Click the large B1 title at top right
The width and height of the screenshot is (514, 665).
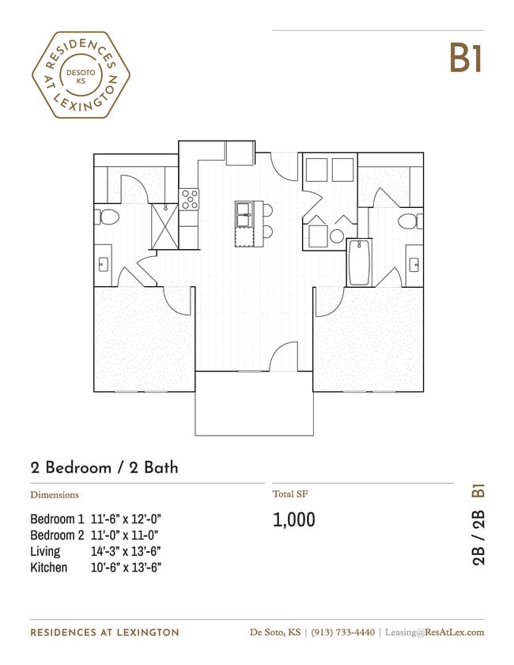[x=466, y=58]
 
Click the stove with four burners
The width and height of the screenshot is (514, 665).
[x=189, y=198]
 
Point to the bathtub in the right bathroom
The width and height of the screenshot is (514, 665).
[x=359, y=263]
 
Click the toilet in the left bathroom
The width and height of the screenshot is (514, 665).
[x=107, y=215]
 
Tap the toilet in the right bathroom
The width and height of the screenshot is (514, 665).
[x=409, y=220]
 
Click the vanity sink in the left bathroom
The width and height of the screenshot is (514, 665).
[x=103, y=264]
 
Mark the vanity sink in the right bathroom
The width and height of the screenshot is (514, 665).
[x=413, y=264]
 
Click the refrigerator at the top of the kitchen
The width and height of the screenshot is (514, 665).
[x=240, y=153]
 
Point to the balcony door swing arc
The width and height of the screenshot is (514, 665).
[x=282, y=357]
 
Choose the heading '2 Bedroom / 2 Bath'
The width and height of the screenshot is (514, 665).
[x=104, y=467]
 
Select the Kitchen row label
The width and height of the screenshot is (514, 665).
[x=49, y=567]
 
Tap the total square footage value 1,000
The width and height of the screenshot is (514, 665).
[x=294, y=520]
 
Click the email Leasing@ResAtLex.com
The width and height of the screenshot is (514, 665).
[x=433, y=632]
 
